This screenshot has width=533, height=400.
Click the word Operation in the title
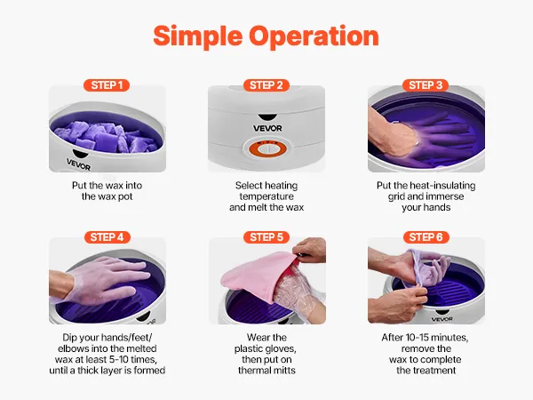point(314,36)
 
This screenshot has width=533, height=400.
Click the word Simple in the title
point(198,37)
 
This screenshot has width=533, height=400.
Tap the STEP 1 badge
point(107,85)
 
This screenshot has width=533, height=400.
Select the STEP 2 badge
point(266,85)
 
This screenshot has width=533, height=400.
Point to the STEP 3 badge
point(426,85)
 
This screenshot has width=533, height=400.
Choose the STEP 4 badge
point(107,237)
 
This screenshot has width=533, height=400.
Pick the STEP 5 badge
point(266,237)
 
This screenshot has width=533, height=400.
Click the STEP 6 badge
point(426,237)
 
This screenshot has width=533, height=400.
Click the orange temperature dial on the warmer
point(267,148)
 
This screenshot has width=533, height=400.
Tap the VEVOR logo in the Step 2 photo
point(267,128)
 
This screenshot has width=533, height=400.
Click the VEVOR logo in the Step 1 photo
point(78,164)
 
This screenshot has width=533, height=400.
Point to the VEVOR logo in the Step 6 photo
point(442,319)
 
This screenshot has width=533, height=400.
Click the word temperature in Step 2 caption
point(266,196)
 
